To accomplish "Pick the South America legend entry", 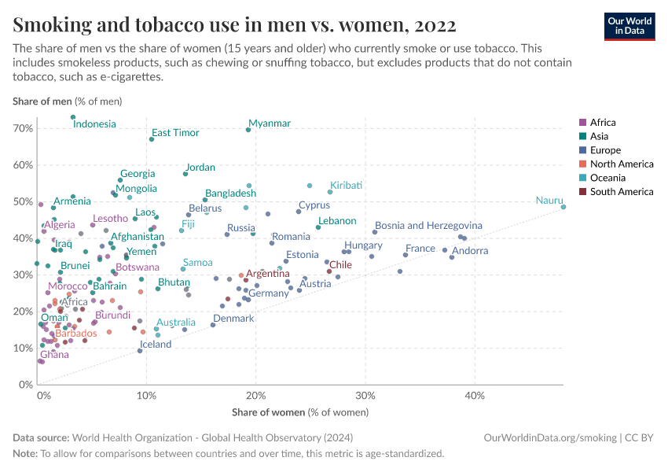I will click(x=621, y=192).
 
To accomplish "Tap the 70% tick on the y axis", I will click(x=24, y=128).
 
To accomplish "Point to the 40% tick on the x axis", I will click(x=474, y=396).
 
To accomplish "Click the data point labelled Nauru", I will click(x=563, y=207).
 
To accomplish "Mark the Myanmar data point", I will click(x=248, y=130).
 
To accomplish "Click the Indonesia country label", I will click(x=94, y=124).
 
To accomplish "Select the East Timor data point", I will click(x=152, y=139).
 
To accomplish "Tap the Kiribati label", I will click(x=346, y=186).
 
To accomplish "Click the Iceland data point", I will click(x=140, y=351).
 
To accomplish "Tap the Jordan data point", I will click(x=185, y=174).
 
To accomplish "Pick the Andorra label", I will click(x=470, y=251).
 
